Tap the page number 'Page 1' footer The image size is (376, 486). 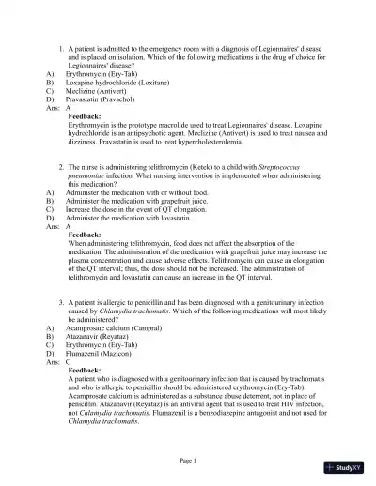tap(187, 460)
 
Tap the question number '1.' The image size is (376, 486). tap(61, 46)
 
